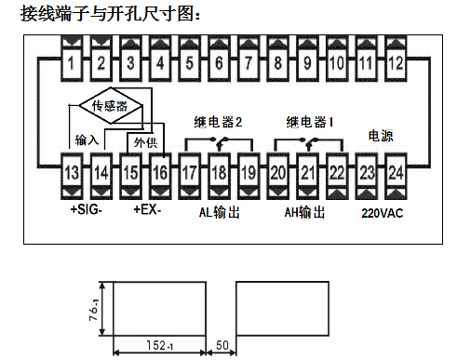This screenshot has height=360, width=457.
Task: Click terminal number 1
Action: click(72, 63)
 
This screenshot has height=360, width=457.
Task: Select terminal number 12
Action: click(396, 63)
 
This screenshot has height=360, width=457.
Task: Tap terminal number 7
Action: click(249, 63)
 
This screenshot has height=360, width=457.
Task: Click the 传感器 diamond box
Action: click(106, 105)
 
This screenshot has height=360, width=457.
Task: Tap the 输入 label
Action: click(87, 140)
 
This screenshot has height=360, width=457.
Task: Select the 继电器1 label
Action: click(310, 122)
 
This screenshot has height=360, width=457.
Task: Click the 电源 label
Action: click(381, 136)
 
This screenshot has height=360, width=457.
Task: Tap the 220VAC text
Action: click(381, 212)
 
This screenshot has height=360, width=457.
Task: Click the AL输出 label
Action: click(220, 212)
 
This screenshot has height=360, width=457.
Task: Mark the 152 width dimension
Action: click(161, 342)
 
